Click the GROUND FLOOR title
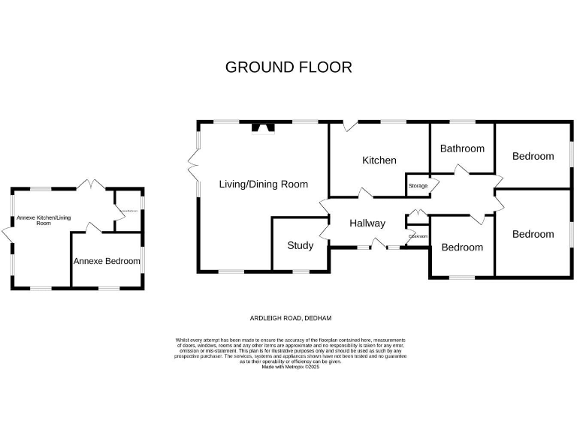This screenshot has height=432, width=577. click(x=288, y=67)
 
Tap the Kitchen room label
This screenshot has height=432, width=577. click(x=379, y=160)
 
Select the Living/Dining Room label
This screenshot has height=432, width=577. click(x=263, y=184)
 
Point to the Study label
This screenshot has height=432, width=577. click(x=300, y=245)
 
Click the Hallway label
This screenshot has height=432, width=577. click(x=367, y=223)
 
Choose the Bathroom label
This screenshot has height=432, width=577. click(x=462, y=148)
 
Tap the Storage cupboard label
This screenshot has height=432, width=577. click(x=418, y=185)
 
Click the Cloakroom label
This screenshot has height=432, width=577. click(x=418, y=236)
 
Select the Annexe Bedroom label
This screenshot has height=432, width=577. click(x=107, y=261)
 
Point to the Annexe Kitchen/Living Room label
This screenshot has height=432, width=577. click(x=44, y=220)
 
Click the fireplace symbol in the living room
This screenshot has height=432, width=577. click(x=263, y=127)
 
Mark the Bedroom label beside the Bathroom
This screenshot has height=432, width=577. click(x=533, y=156)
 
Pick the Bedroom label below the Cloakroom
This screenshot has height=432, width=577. click(x=462, y=247)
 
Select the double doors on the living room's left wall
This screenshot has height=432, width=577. click(x=195, y=160)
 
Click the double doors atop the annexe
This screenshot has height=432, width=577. click(x=91, y=184)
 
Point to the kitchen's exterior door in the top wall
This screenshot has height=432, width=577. click(x=348, y=126)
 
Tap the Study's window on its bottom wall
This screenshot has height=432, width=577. click(x=301, y=269)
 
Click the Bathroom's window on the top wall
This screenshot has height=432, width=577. click(x=463, y=121)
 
